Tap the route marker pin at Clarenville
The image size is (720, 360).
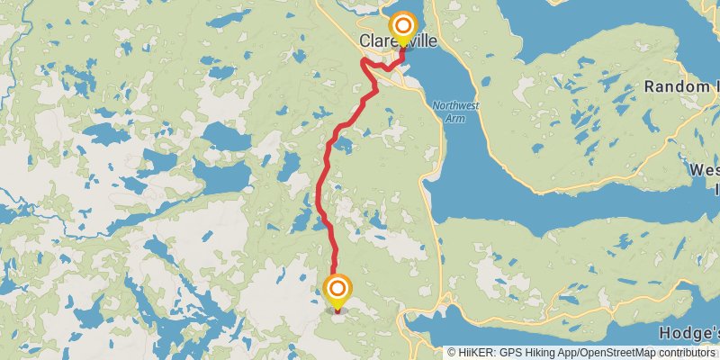(402, 28)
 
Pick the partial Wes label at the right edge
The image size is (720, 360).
(704, 170)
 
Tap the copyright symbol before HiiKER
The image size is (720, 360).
(453, 353)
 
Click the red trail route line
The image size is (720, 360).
(320, 189)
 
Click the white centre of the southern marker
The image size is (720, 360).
(337, 289)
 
